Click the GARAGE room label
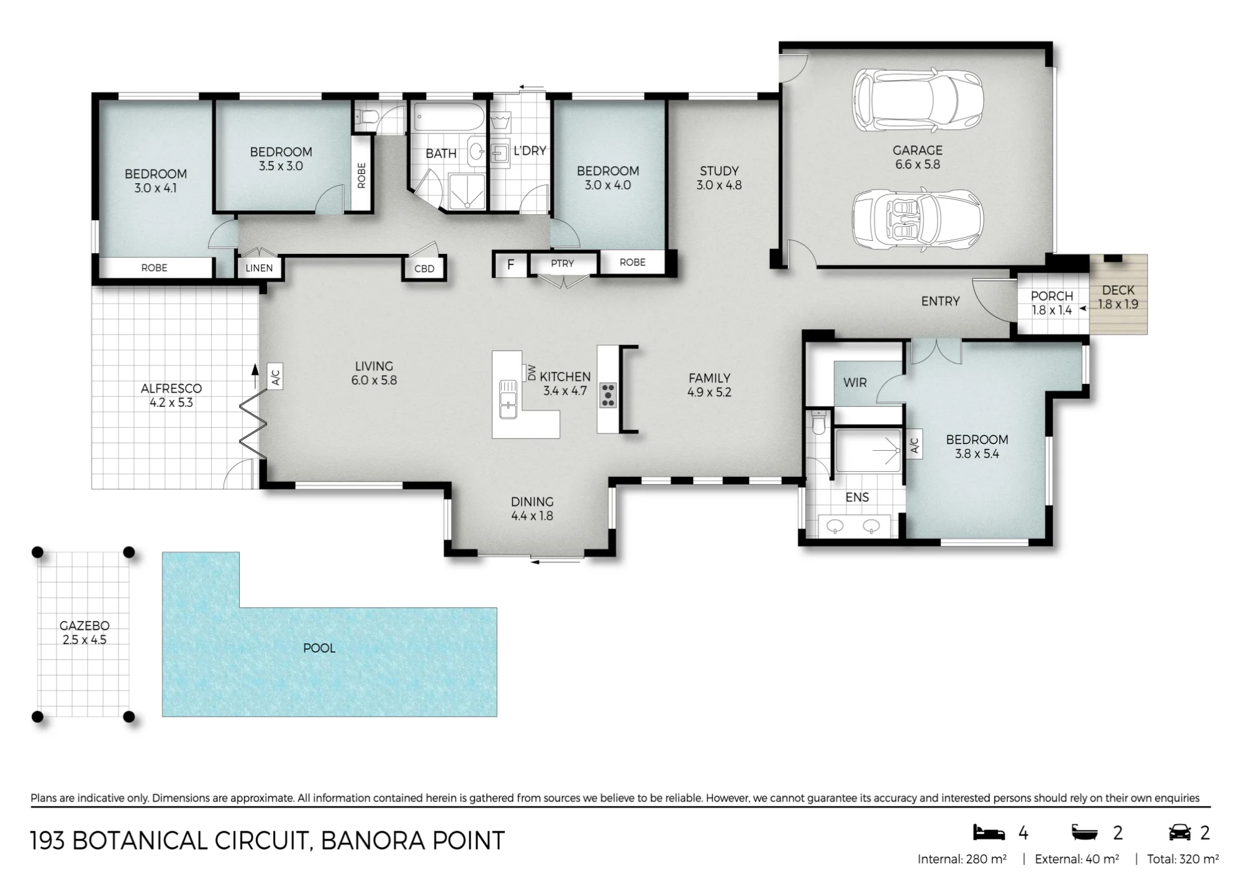pyautogui.click(x=917, y=150)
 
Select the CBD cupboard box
pyautogui.click(x=424, y=268)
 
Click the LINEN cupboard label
pyautogui.click(x=259, y=268)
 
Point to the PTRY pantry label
pyautogui.click(x=563, y=263)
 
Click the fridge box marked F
pyautogui.click(x=510, y=265)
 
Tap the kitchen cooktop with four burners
pyautogui.click(x=607, y=396)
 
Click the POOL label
pyautogui.click(x=319, y=648)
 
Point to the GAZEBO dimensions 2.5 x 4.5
pyautogui.click(x=84, y=640)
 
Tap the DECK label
pyautogui.click(x=1118, y=290)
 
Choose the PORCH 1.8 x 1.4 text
pyautogui.click(x=1052, y=303)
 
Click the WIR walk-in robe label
pyautogui.click(x=855, y=382)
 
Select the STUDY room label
pyautogui.click(x=719, y=171)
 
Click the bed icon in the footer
pyautogui.click(x=989, y=833)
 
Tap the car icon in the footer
pyautogui.click(x=1179, y=833)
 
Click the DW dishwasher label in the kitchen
pyautogui.click(x=532, y=373)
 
